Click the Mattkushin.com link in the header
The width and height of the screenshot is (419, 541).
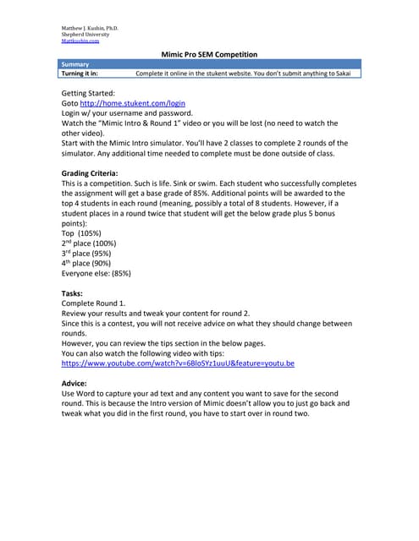point(80,40)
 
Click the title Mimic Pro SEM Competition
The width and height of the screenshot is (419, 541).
point(208,54)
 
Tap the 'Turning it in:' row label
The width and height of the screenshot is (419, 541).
point(80,74)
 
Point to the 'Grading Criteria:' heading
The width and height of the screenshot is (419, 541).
point(96,173)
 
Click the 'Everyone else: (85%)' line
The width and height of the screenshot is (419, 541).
point(96,274)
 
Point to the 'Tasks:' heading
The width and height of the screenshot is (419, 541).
point(73,293)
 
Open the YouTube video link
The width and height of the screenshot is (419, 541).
point(179,363)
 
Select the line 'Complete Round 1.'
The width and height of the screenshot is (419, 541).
point(94,303)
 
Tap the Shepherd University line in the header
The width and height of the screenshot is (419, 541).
point(85,34)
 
